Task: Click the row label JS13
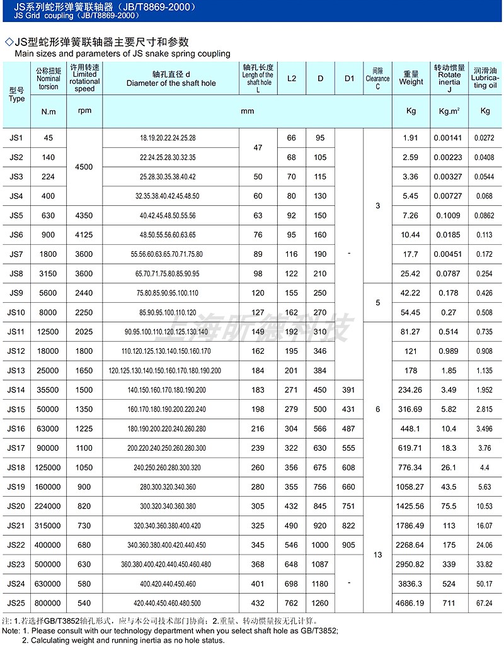16,370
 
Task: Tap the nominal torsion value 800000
49,603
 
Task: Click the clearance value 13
377,555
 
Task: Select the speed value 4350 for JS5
84,215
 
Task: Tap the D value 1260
321,603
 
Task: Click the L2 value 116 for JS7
291,254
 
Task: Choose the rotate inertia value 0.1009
449,215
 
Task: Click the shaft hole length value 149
258,332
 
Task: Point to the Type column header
16,94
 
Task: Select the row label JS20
16,506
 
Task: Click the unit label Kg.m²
449,111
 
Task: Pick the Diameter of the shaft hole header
171,78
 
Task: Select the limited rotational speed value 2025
84,332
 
